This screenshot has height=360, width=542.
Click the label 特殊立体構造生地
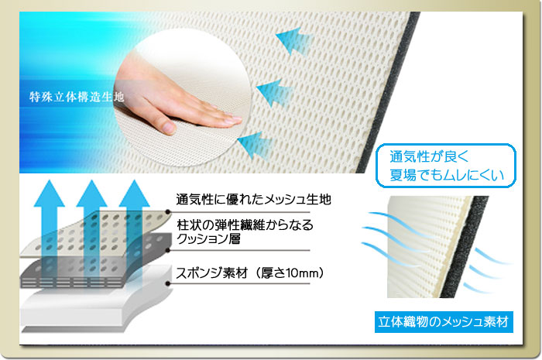[x=77, y=97]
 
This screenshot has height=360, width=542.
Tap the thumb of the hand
[x=165, y=125]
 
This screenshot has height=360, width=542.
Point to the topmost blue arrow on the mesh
[x=293, y=41]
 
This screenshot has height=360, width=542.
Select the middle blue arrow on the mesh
[x=275, y=93]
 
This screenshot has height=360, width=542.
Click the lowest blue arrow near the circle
[x=255, y=145]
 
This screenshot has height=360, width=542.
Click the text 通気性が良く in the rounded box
[x=429, y=157]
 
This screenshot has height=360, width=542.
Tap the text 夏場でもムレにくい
[x=446, y=175]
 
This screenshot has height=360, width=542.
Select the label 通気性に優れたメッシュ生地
[x=253, y=199]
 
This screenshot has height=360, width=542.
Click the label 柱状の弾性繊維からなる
[x=245, y=225]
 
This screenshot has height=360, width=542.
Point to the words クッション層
[x=208, y=239]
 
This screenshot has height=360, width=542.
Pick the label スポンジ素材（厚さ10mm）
[x=250, y=273]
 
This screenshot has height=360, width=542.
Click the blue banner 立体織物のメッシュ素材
[x=444, y=322]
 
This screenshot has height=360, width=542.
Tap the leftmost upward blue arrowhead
[x=49, y=194]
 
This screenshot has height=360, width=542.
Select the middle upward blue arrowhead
[x=91, y=194]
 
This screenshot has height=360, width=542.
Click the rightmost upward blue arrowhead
[x=134, y=194]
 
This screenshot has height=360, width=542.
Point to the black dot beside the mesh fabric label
[x=168, y=212]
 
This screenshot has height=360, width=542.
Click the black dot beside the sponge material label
[x=168, y=283]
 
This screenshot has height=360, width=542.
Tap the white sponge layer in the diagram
[x=94, y=307]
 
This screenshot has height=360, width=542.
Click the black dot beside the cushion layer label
[x=168, y=250]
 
